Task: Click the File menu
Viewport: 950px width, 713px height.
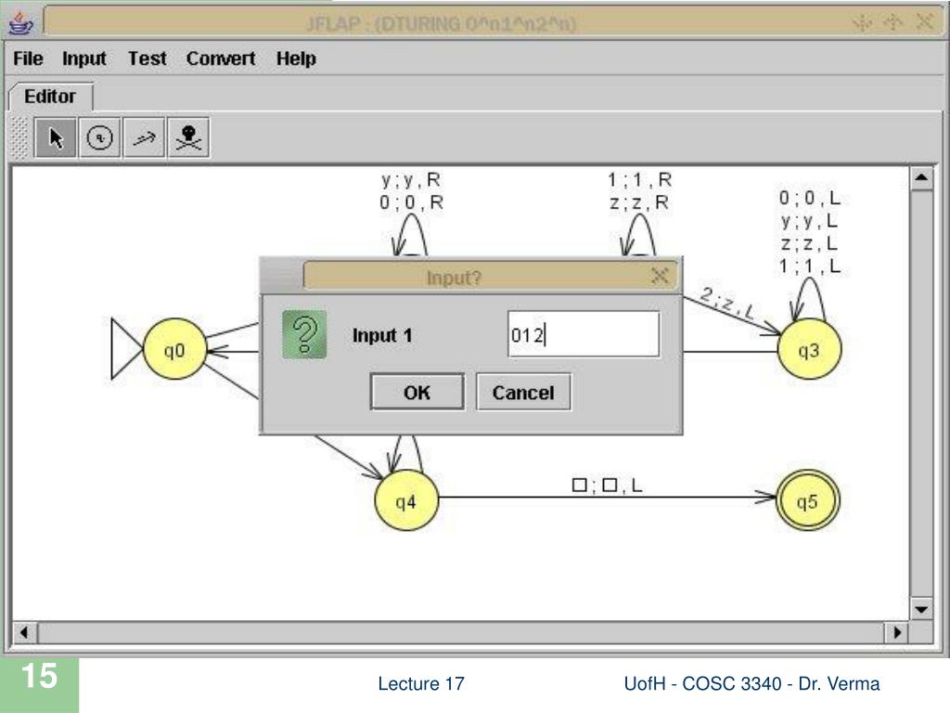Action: pos(28,59)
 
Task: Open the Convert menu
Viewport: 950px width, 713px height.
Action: pos(221,59)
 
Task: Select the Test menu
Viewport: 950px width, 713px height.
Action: pos(147,59)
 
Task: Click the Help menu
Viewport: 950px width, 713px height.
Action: pos(296,59)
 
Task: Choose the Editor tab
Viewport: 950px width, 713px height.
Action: pos(50,97)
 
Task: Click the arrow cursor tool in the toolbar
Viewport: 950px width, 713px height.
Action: pos(57,138)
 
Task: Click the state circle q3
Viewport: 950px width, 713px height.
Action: pos(809,351)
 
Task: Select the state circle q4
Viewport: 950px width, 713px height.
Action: pos(405,502)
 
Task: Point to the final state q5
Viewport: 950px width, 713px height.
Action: pos(808,502)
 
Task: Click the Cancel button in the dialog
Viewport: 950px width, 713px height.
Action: pos(523,393)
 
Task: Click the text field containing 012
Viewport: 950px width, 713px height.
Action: pos(583,335)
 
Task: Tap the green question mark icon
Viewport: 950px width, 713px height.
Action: pos(304,335)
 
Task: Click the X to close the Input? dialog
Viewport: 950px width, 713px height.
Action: pos(660,276)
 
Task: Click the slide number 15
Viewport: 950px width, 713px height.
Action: pos(40,677)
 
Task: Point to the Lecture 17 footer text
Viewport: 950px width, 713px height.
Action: pos(420,684)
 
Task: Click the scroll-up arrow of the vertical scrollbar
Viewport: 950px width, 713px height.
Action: pos(921,178)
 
